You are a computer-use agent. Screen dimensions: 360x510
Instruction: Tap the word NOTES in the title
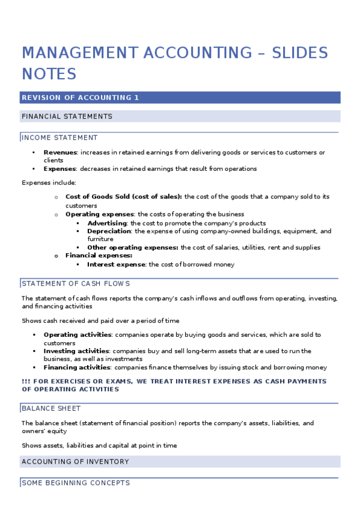coord(49,74)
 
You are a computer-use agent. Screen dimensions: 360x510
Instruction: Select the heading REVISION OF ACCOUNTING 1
coord(80,97)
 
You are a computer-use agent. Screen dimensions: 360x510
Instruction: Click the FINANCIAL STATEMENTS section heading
coord(67,116)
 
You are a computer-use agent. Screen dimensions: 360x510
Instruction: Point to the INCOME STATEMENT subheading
coord(59,138)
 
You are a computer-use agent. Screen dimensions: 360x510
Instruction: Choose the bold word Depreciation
coord(109,231)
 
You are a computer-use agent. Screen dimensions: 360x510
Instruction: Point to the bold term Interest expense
coord(116,264)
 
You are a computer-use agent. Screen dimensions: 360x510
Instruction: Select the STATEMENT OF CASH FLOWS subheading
coord(76,283)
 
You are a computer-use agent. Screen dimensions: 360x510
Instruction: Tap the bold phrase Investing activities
coord(76,351)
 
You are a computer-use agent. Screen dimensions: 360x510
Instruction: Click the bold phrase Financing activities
coord(77,367)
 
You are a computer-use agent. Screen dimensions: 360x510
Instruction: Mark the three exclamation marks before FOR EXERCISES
coord(25,381)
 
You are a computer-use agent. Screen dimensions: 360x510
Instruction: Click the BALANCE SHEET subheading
coord(51,408)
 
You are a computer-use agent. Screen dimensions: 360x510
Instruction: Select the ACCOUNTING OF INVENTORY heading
coord(75,461)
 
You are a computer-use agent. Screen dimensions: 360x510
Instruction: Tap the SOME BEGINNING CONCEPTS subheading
coord(75,483)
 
